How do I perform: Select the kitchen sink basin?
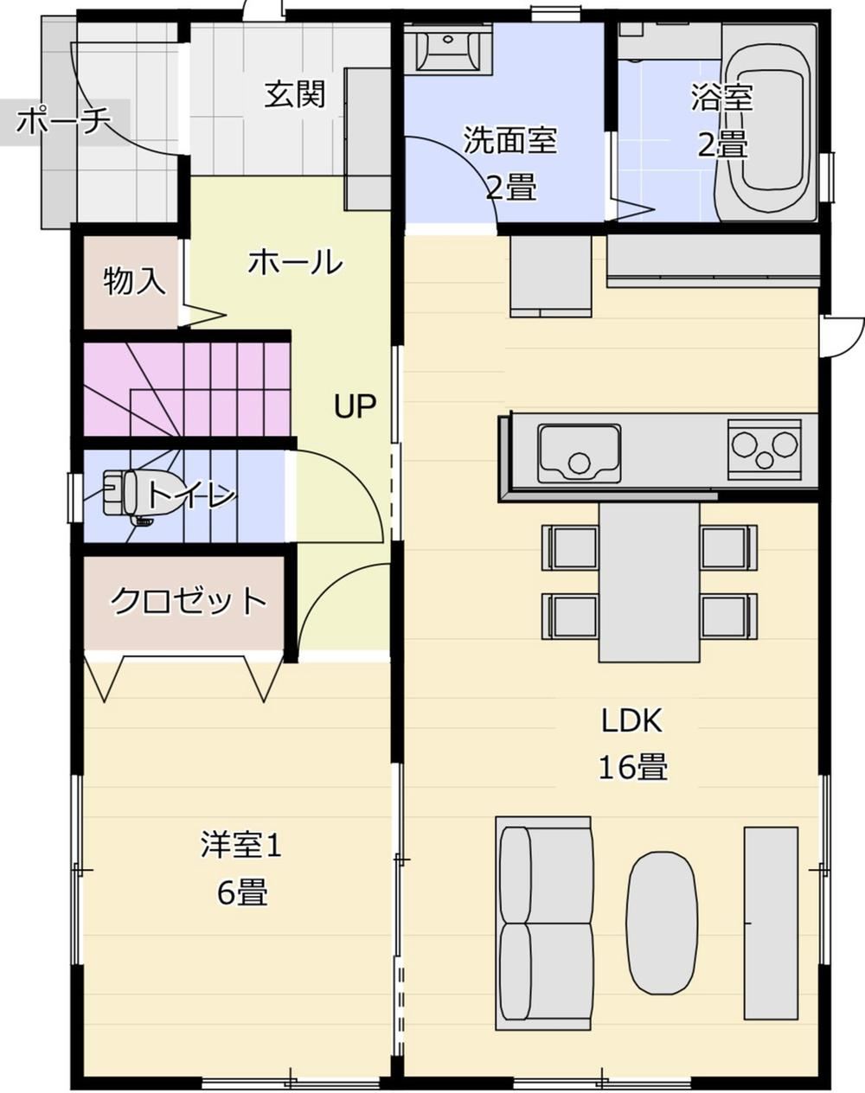point(580,453)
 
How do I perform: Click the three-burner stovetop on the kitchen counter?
point(765,449)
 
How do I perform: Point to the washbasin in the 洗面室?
point(448,49)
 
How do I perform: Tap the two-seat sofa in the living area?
point(543,916)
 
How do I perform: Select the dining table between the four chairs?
point(649,583)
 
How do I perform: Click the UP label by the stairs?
point(355,406)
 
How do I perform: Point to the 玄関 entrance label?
point(295,94)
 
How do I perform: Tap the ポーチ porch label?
point(63,121)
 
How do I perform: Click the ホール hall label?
point(295,262)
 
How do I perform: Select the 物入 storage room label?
point(134,281)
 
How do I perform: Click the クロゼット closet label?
point(189,601)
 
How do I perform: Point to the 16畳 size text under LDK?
point(632,766)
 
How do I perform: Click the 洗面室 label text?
point(510,140)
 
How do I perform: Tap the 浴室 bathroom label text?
point(721,97)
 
